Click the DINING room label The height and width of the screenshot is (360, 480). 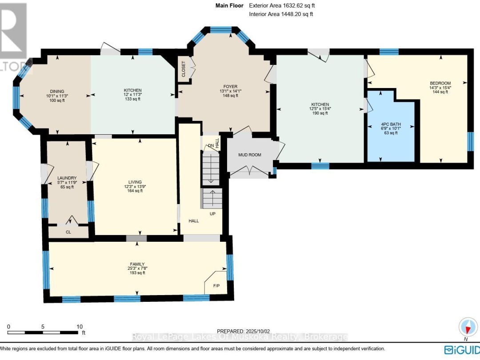pos(55,90)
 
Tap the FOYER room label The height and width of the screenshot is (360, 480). pos(230,87)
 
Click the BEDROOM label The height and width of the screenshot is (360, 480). pos(440,83)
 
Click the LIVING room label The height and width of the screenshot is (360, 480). pos(135,182)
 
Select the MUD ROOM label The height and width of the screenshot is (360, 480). pos(249,155)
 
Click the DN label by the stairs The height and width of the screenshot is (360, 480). pos(211,145)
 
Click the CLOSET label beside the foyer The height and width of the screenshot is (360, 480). pos(184,69)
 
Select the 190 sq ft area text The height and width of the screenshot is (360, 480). pos(320,113)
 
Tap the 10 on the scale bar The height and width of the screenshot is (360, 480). pos(80,326)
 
